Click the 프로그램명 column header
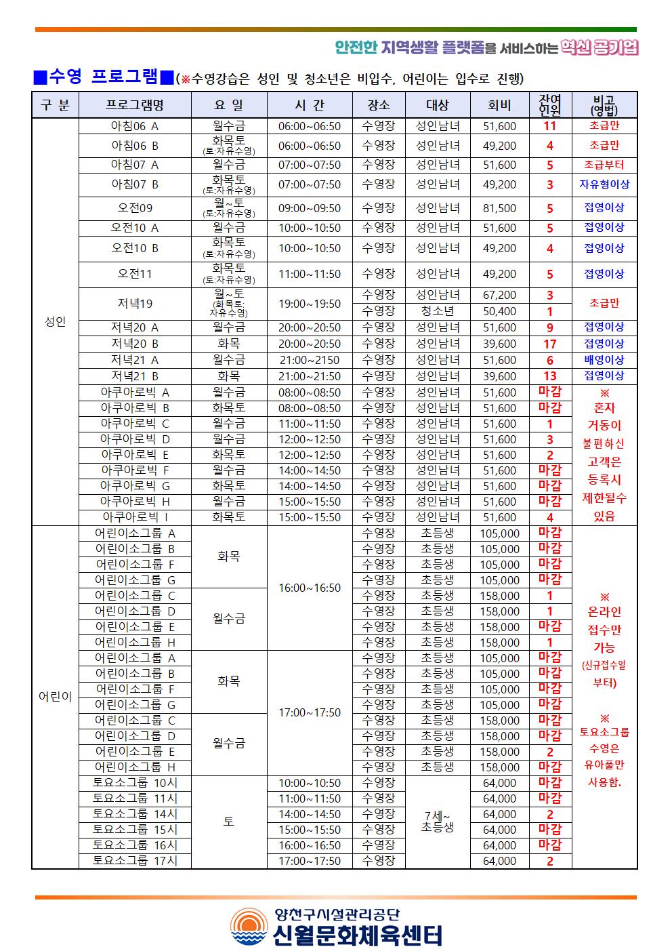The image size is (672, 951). [135, 105]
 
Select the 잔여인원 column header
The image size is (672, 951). [549, 105]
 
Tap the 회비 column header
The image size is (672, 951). [499, 105]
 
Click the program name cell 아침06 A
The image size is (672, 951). [135, 126]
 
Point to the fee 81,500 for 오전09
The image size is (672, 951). [499, 209]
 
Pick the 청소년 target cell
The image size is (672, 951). [437, 311]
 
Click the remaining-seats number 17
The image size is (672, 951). [549, 344]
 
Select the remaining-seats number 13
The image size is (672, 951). [549, 376]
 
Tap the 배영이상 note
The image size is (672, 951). [604, 360]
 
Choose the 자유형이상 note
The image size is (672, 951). [604, 184]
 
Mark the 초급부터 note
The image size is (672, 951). [604, 165]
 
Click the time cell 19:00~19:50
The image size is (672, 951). [310, 304]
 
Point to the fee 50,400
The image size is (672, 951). [499, 312]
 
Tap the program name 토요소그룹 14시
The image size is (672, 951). [135, 814]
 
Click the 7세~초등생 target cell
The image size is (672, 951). [437, 822]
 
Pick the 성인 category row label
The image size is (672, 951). [55, 322]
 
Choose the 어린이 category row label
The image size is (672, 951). [55, 697]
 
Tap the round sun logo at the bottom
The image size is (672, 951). [249, 927]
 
